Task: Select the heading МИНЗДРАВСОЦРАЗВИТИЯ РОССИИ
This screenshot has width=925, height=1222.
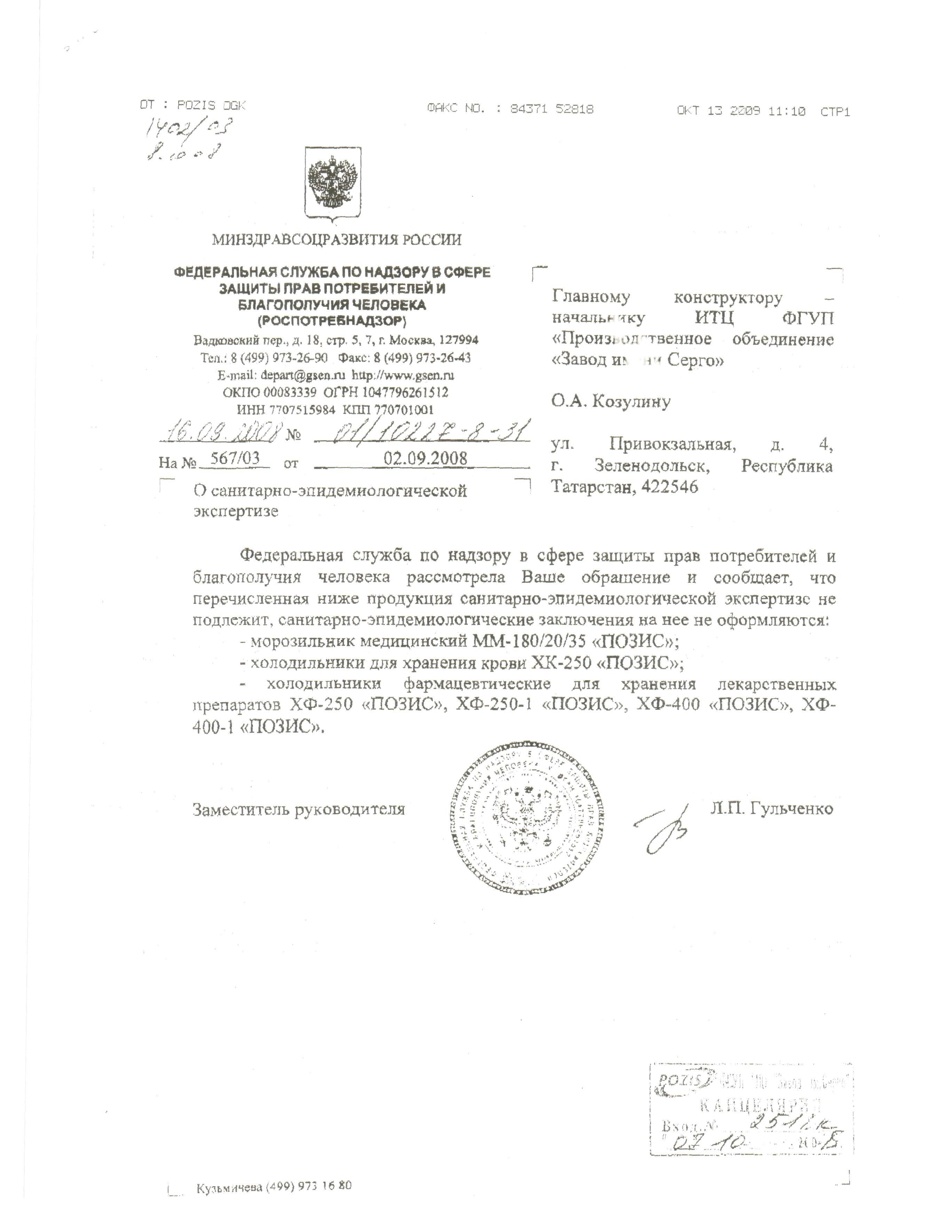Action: (337, 240)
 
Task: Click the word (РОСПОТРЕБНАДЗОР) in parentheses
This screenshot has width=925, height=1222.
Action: (332, 320)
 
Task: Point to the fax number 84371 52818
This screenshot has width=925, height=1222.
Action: (552, 109)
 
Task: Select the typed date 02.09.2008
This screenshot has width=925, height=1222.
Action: (426, 459)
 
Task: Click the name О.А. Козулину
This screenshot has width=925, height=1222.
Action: (611, 402)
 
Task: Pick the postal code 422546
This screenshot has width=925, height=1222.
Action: (670, 487)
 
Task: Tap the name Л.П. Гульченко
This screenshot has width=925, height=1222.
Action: (772, 809)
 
